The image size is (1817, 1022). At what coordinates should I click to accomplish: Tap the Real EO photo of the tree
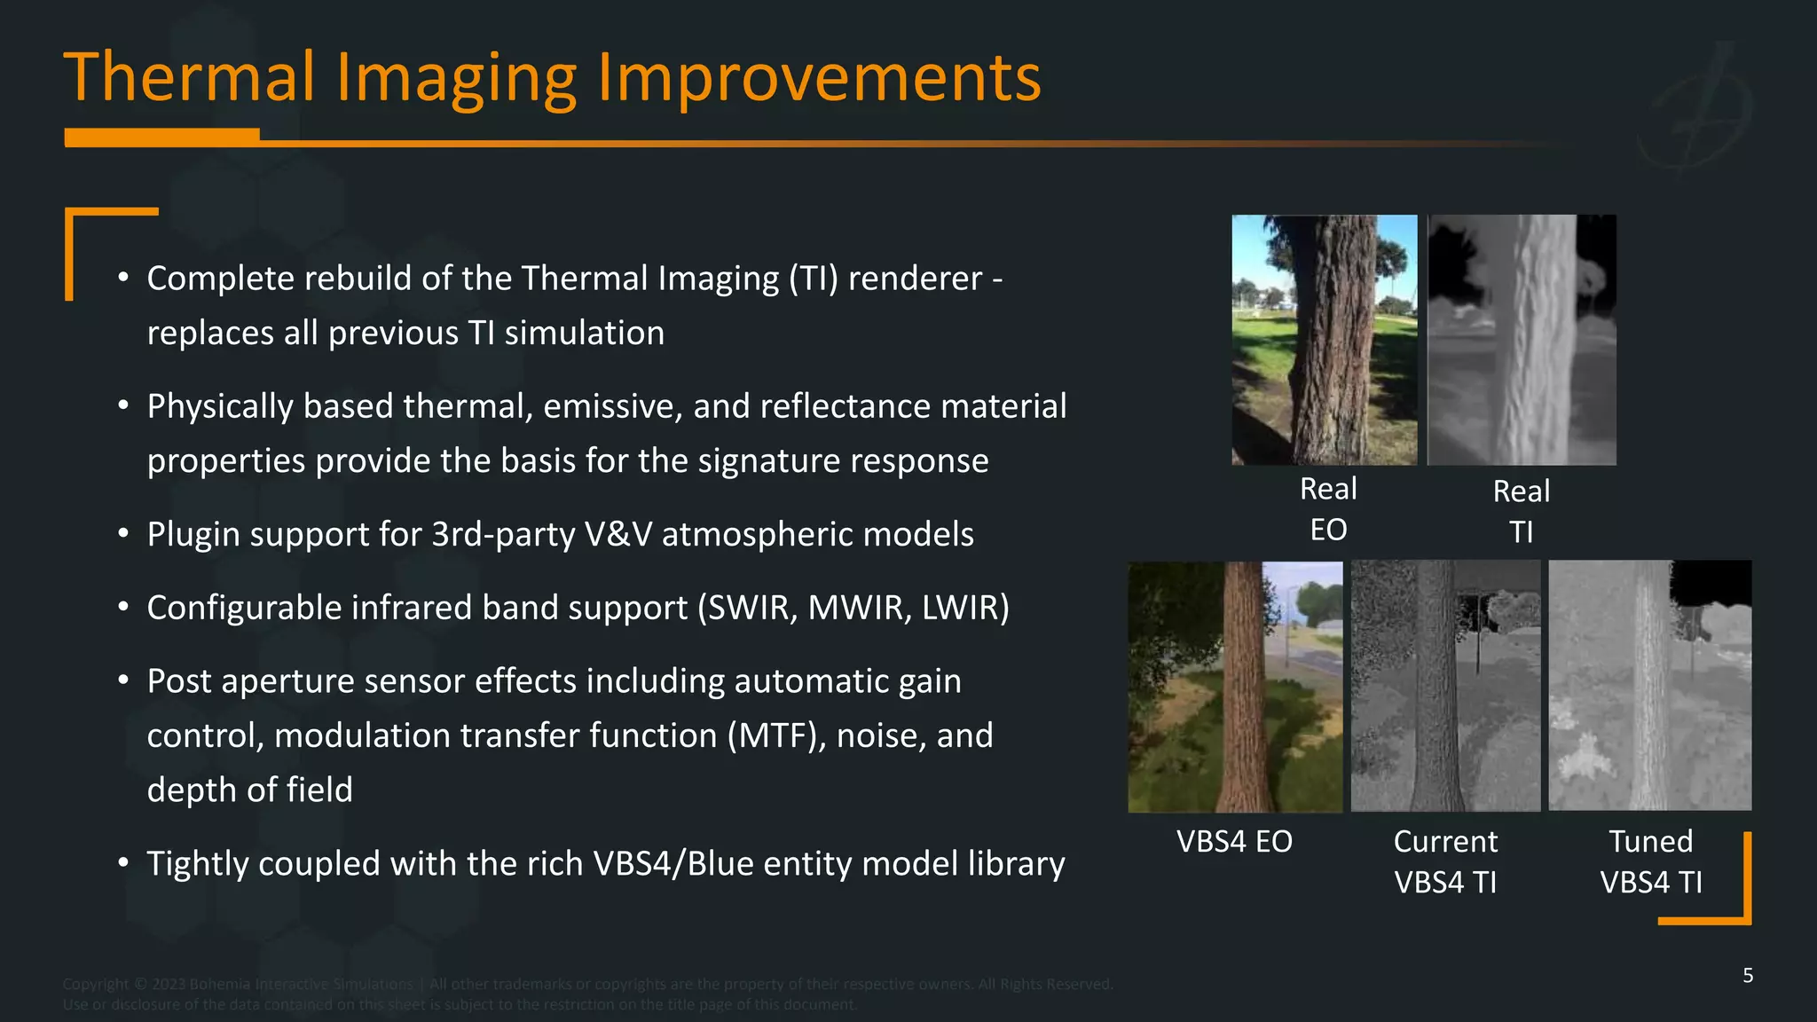(1324, 340)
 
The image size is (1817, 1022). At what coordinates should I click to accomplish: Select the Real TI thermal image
(1521, 340)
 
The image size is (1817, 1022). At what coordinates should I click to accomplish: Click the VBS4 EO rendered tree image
(1234, 687)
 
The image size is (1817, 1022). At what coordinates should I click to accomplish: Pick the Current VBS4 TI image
(1445, 686)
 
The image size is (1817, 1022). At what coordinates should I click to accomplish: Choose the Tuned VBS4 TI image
(1649, 685)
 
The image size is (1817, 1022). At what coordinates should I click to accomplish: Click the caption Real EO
(1328, 509)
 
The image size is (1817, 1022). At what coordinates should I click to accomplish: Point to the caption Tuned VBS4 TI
(1651, 861)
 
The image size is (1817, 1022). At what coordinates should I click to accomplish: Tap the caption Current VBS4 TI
(1445, 861)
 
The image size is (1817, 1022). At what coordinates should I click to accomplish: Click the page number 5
(1747, 976)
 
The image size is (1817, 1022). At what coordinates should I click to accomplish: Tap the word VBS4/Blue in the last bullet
(672, 863)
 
